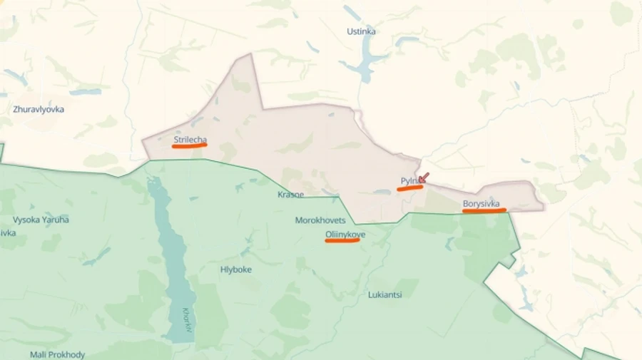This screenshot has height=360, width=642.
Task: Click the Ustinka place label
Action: click(361, 31)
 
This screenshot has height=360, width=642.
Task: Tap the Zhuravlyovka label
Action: click(39, 109)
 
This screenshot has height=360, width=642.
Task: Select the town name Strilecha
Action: click(190, 138)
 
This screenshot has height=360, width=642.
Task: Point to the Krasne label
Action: click(290, 195)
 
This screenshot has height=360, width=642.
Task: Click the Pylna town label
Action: click(410, 181)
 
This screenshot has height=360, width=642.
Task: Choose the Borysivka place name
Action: click(481, 203)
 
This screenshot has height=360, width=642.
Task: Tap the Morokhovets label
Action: click(320, 220)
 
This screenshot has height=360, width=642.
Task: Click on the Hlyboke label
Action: click(235, 269)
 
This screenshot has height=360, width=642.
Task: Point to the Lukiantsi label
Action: click(385, 294)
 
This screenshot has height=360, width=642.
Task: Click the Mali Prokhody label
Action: click(57, 354)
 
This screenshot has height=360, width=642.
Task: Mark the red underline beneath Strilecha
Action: click(190, 145)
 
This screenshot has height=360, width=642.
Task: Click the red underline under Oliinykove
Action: click(342, 241)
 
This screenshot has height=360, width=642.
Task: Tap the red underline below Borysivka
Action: click(484, 210)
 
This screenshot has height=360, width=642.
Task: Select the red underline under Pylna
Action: click(410, 188)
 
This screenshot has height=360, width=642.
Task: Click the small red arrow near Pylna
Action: click(424, 178)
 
